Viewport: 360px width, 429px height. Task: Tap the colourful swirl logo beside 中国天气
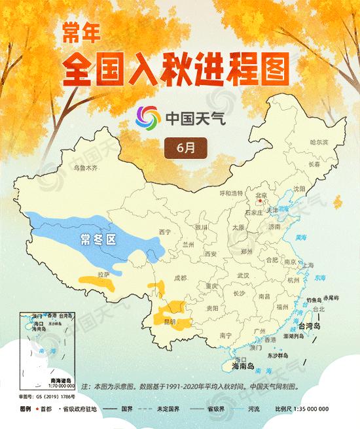tap(147, 118)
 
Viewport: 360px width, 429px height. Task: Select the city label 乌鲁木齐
tap(85, 168)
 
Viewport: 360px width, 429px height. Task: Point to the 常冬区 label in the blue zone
tap(98, 239)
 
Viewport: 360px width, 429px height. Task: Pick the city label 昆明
tap(170, 322)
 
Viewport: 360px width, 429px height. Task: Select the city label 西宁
tap(165, 232)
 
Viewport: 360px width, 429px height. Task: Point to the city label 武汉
tap(243, 275)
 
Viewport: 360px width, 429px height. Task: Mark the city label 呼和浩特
tap(230, 193)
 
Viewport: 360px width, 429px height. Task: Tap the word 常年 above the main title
tap(79, 31)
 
